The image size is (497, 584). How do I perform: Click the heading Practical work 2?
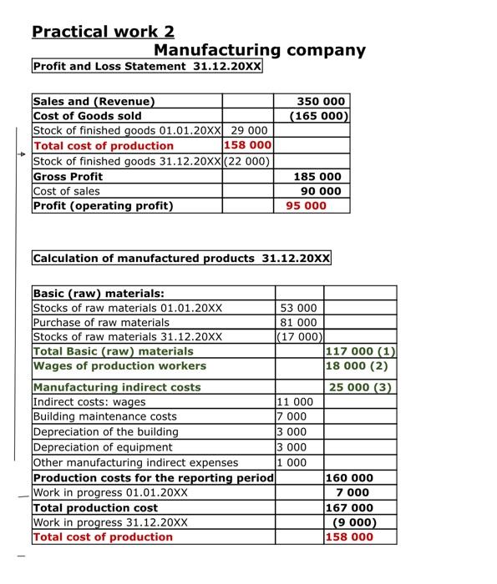coord(103,32)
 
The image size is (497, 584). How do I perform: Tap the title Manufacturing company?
coord(259,50)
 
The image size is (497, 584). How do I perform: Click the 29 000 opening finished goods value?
coord(248,131)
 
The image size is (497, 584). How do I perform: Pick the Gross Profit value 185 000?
coord(317,176)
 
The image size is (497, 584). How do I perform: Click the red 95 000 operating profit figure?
coord(306,205)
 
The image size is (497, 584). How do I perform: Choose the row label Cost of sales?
coord(66,191)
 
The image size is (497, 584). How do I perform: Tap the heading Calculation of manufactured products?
coord(181,258)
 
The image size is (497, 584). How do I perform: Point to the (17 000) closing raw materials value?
coord(299,336)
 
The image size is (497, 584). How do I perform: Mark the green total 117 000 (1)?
coord(361,351)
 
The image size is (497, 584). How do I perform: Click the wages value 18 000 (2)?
coord(358,365)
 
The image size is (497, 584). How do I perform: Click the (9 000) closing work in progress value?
coord(355,522)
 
